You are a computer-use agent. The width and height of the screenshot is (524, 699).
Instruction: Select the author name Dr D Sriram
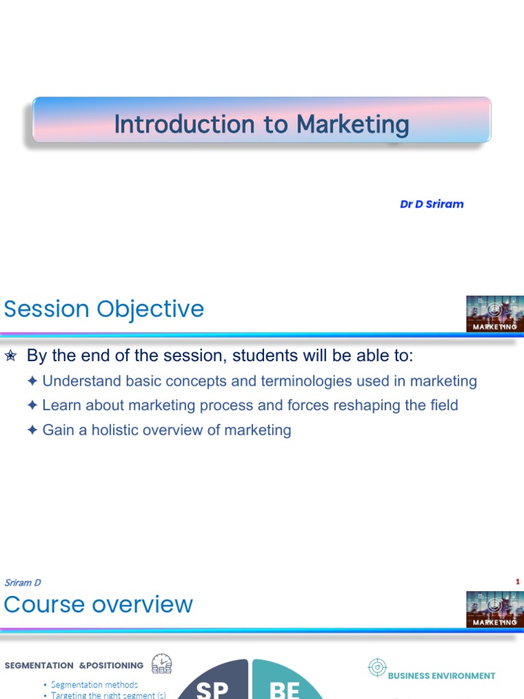431,204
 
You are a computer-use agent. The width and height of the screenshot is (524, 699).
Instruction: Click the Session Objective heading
104,309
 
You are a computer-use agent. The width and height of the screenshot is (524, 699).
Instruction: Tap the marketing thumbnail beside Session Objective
495,314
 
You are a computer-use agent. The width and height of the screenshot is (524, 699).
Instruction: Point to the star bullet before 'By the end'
10,356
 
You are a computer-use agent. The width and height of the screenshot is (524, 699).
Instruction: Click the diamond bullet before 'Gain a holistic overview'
33,430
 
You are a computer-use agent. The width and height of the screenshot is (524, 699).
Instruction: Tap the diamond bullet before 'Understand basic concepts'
33,381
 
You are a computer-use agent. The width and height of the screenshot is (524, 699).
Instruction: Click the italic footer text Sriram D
23,582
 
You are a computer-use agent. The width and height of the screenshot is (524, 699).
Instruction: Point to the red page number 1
518,582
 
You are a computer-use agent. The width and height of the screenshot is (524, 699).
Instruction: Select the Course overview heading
98,605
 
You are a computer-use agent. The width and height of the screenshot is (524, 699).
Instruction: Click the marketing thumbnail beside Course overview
495,609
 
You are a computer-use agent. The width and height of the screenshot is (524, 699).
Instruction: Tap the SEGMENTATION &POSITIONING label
74,666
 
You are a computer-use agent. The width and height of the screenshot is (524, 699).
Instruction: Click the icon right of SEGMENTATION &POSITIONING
162,664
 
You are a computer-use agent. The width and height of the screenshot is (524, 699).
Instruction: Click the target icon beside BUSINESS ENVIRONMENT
377,668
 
